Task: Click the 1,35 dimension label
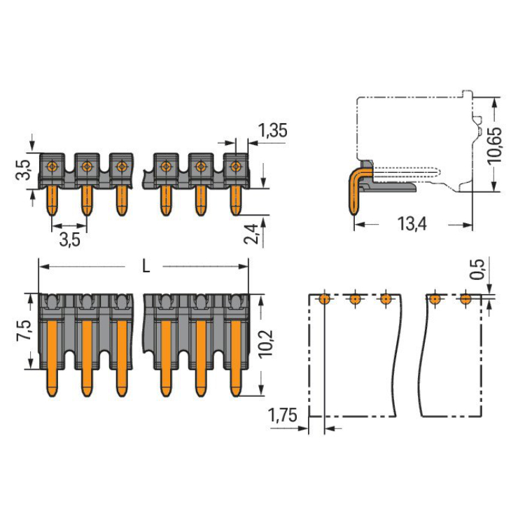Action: [273, 130]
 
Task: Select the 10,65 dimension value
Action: [494, 146]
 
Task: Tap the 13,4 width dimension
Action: [412, 224]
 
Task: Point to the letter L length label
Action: [146, 267]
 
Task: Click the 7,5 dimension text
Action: [24, 331]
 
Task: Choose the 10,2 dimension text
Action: [266, 344]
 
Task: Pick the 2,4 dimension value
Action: [251, 234]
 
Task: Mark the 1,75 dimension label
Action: [283, 416]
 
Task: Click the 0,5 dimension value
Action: [477, 269]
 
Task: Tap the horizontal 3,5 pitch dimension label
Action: [70, 239]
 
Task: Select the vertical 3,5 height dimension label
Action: [23, 170]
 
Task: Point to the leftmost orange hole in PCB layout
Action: [324, 299]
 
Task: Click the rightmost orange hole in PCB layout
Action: [465, 299]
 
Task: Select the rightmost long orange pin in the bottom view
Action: [236, 358]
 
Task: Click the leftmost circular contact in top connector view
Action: [52, 166]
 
